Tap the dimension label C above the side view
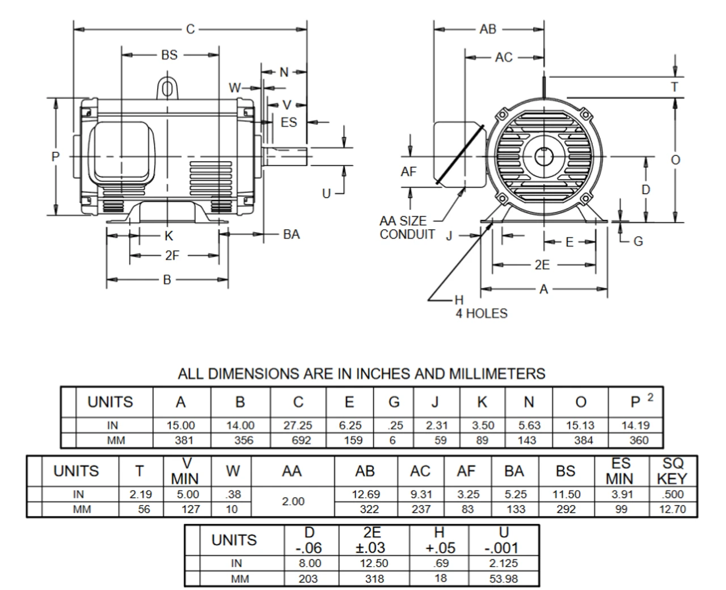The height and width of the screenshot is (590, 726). tap(191, 29)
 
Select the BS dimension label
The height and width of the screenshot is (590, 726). tap(169, 55)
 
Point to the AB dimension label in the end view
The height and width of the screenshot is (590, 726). tap(487, 29)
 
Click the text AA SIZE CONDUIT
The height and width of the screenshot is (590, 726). tap(407, 227)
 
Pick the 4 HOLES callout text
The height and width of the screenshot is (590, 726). tap(481, 313)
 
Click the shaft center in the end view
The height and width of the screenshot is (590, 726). tap(543, 157)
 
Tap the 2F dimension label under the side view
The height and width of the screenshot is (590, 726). tap(172, 255)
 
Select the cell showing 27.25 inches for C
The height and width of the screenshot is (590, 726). tap(298, 425)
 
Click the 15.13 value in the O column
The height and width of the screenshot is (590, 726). tap(580, 425)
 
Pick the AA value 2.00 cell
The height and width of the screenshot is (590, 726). tap(293, 501)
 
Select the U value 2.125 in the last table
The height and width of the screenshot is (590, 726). tap(503, 563)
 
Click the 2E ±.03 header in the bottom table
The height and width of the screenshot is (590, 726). tap(372, 540)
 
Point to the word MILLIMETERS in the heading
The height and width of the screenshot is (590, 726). tap(497, 374)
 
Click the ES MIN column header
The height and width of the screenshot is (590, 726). tap(621, 471)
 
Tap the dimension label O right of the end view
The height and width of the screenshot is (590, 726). tap(675, 160)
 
